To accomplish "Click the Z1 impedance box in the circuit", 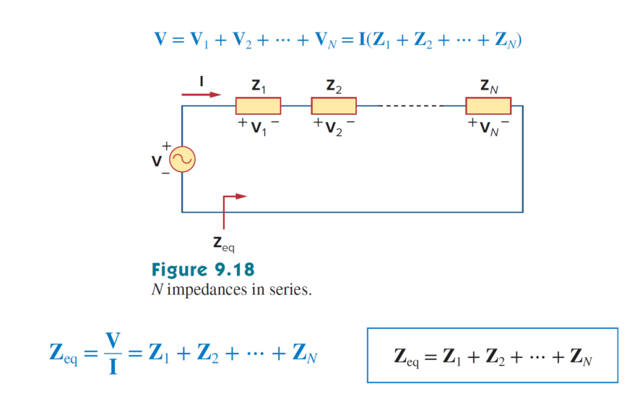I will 258,106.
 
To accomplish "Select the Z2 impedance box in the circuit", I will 334,106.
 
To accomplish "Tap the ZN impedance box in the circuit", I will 488,106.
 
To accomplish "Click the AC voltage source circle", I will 181,160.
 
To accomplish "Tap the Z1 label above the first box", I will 258,86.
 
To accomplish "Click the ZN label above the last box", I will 488,86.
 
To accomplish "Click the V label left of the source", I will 155,161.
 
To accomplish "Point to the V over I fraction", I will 111,353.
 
